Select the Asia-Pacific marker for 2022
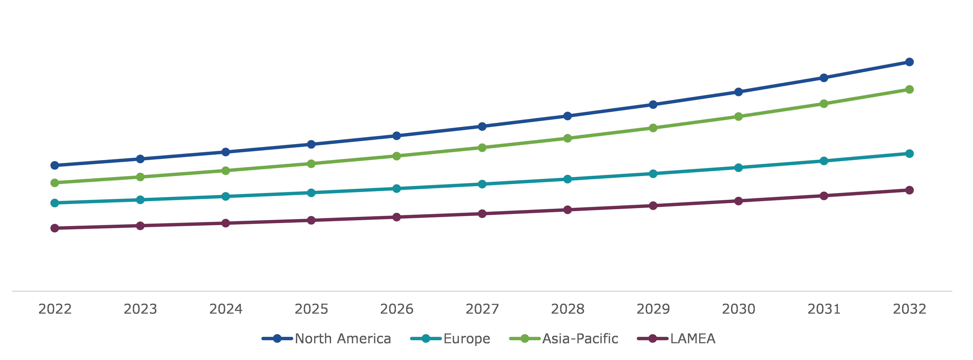pos(55,183)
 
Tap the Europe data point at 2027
pos(482,184)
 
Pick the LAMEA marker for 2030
pos(738,201)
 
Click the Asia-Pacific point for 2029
pos(653,128)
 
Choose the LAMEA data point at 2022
pos(55,228)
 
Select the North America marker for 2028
pos(567,116)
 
